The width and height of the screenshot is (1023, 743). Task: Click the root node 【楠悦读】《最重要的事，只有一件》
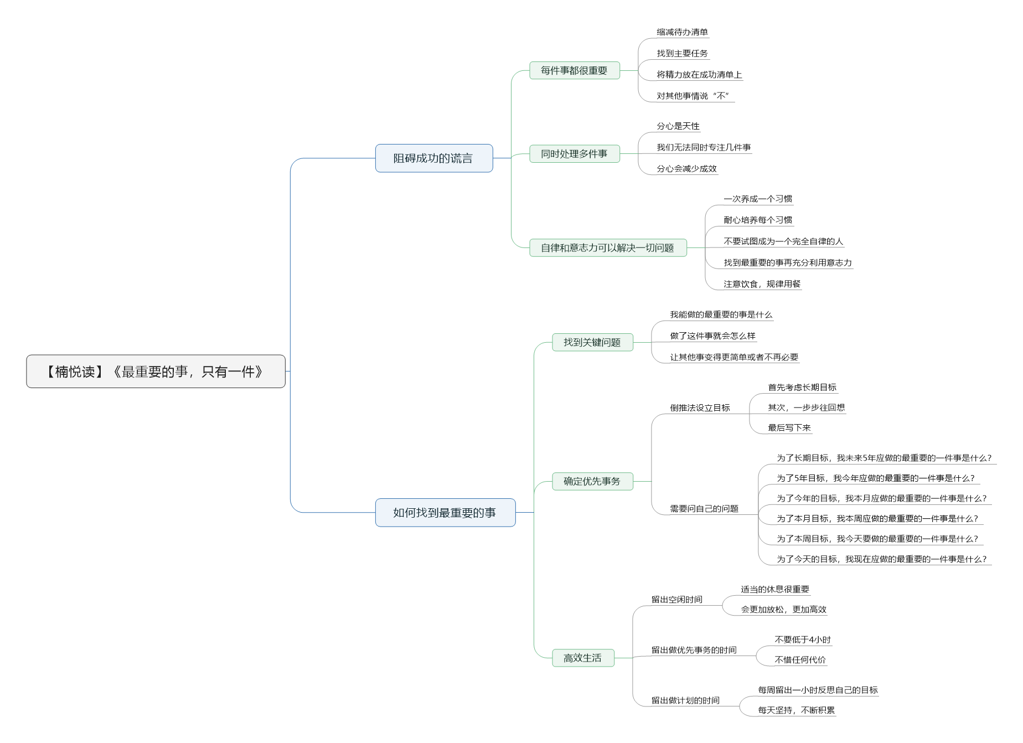[156, 371]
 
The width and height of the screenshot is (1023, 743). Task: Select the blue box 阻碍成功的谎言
[434, 158]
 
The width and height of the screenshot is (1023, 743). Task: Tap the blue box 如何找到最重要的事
[445, 513]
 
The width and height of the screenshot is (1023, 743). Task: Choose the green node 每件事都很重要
[575, 70]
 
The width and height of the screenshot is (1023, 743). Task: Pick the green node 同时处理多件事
[575, 154]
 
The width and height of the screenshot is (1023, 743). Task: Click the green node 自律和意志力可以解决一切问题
[608, 247]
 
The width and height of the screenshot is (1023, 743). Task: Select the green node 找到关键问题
[592, 342]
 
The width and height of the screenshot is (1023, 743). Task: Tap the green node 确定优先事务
[592, 481]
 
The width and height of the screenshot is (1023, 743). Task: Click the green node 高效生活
[583, 658]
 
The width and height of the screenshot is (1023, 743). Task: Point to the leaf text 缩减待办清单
[683, 32]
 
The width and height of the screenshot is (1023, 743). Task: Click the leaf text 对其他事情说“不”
[694, 96]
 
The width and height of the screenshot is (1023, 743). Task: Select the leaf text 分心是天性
[678, 126]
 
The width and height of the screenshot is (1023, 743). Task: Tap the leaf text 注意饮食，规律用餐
[762, 284]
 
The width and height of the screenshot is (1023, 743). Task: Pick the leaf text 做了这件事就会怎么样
[713, 336]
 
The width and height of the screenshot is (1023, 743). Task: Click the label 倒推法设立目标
[700, 407]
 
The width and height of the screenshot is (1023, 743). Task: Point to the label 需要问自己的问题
[704, 508]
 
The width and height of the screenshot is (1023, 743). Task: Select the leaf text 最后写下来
[789, 427]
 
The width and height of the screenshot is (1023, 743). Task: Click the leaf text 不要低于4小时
[803, 639]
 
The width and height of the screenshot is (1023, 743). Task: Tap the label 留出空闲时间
[677, 599]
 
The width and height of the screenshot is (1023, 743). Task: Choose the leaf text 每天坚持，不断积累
[797, 710]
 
